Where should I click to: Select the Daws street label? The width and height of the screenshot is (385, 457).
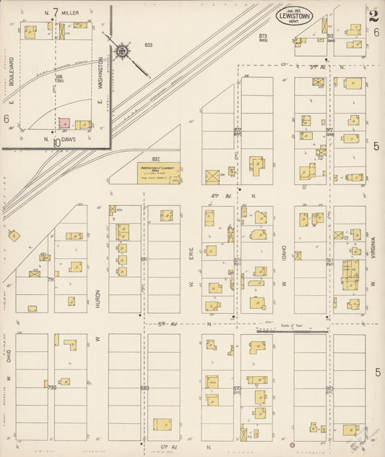point(69,141)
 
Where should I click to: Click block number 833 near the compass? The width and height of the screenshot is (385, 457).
point(148,45)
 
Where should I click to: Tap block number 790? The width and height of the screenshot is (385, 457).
point(51,388)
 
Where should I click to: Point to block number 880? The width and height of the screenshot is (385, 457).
point(144,388)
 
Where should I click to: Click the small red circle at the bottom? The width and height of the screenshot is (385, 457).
point(293,442)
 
